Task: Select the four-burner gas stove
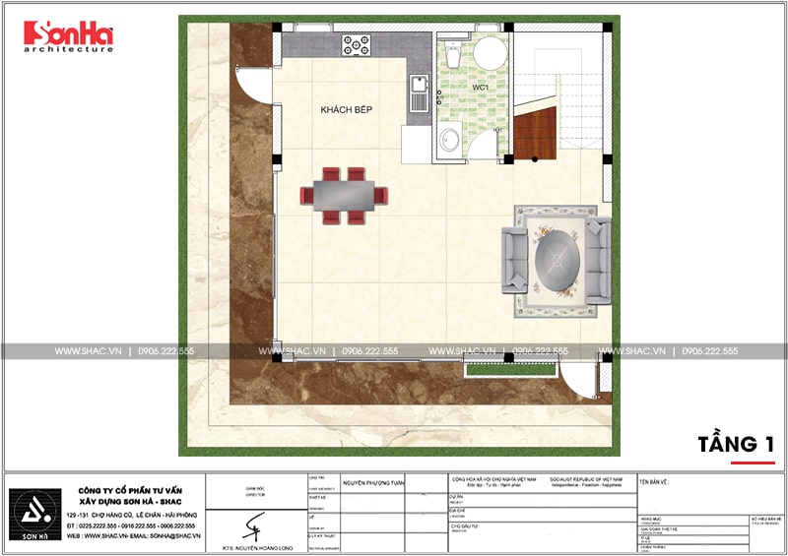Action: (x=356, y=44)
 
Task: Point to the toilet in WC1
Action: (x=452, y=51)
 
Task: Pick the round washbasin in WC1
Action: (x=449, y=139)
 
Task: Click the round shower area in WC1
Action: (x=490, y=54)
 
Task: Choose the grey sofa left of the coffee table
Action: (x=513, y=259)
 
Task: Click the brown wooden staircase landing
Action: (x=533, y=134)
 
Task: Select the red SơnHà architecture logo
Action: (x=68, y=36)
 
